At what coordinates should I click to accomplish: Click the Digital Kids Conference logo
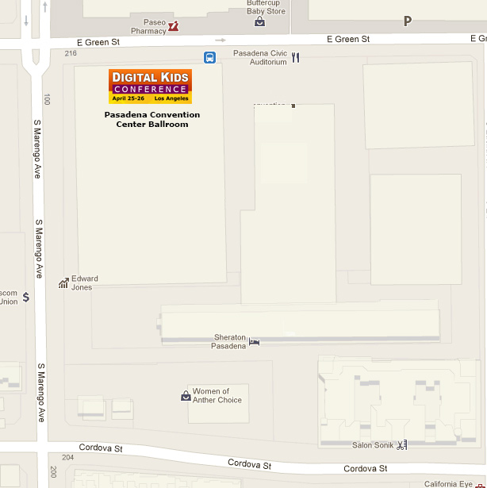[x=150, y=86]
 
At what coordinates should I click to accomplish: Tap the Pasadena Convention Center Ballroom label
[x=152, y=119]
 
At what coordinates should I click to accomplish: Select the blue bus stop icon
[x=210, y=57]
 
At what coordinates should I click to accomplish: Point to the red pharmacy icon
[x=173, y=26]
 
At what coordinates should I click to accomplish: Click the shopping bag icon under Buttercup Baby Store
[x=259, y=22]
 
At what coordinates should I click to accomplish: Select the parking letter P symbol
[x=408, y=21]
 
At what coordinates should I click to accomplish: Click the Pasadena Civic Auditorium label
[x=259, y=58]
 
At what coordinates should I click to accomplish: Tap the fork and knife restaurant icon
[x=296, y=57]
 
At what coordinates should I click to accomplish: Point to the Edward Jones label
[x=85, y=282]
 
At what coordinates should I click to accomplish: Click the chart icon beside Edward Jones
[x=63, y=282]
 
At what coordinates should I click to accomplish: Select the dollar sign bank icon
[x=26, y=298]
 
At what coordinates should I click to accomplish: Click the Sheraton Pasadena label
[x=229, y=342]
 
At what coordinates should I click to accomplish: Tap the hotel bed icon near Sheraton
[x=255, y=342]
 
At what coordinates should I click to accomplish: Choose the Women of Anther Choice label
[x=217, y=396]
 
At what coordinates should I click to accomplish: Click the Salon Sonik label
[x=373, y=445]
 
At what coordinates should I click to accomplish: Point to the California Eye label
[x=448, y=483]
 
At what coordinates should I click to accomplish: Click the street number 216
[x=71, y=53]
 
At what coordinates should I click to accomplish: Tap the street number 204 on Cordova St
[x=67, y=457]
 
